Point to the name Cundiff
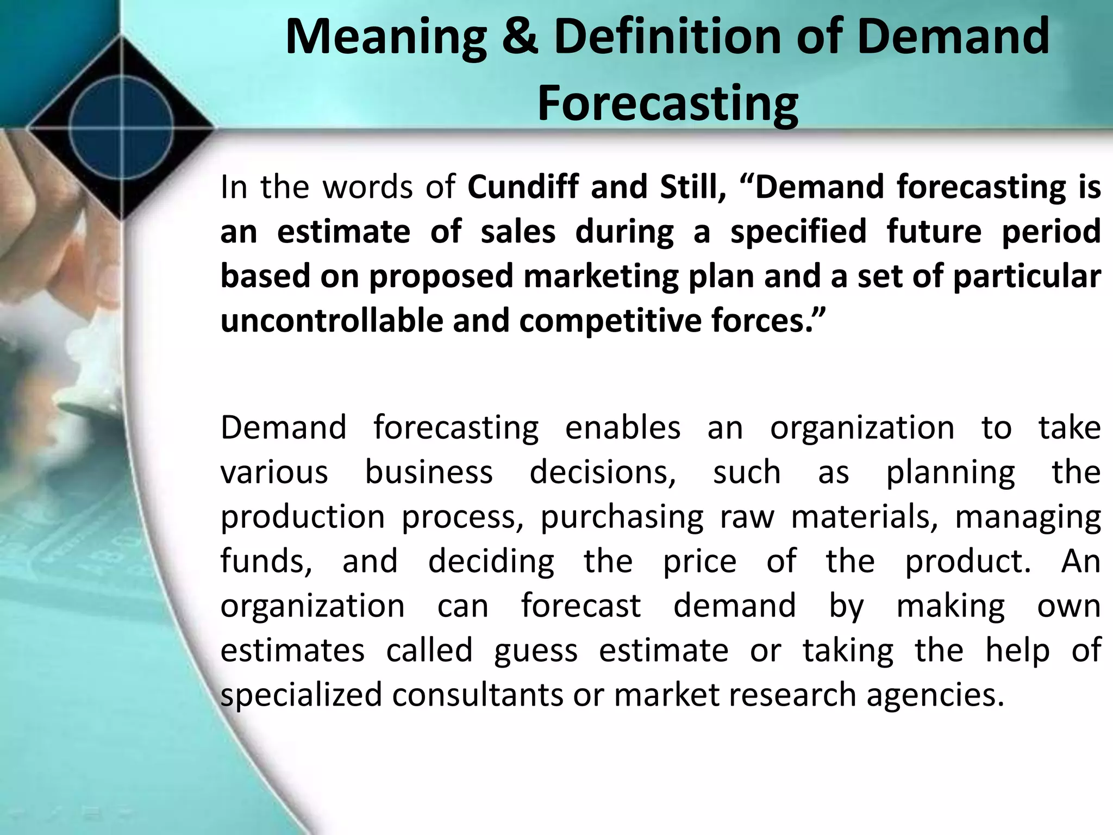pyautogui.click(x=524, y=186)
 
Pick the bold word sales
pyautogui.click(x=518, y=231)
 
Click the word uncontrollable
pyautogui.click(x=332, y=320)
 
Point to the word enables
pyautogui.click(x=623, y=427)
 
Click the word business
pyautogui.click(x=429, y=472)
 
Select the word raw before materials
pyautogui.click(x=747, y=516)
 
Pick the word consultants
pyautogui.click(x=478, y=695)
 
